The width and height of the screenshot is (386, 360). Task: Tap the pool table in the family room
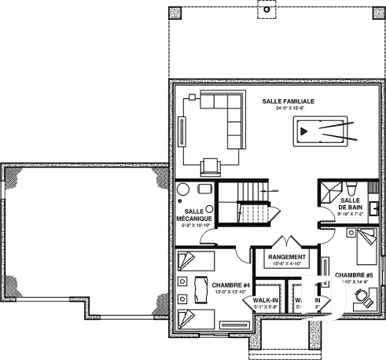[x=322, y=131]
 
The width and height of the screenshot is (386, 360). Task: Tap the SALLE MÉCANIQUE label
[x=194, y=215]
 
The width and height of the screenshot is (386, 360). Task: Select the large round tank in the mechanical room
[x=182, y=191]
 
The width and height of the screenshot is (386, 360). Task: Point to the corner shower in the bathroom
[x=329, y=188]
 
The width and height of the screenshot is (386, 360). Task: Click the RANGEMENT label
[x=286, y=257]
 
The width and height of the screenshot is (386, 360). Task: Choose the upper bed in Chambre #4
[x=193, y=261]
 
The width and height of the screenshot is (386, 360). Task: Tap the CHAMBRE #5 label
[x=351, y=275]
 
